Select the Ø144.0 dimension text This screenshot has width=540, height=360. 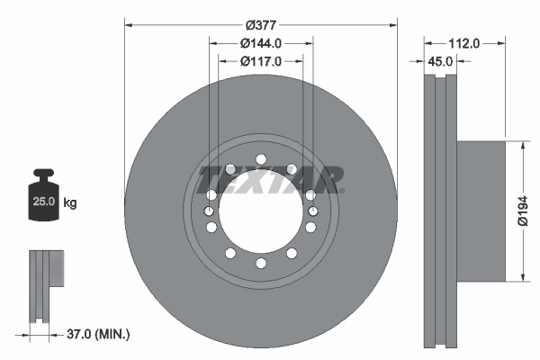pos(261,42)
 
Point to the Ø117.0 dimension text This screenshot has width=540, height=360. pos(261,61)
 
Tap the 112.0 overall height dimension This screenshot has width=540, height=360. pos(464,42)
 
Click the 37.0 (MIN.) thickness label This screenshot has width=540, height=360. pos(99,334)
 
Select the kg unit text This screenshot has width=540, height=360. pos(70,203)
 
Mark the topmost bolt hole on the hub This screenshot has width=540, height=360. pos(261,160)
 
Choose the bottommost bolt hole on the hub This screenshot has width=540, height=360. pos(261,262)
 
